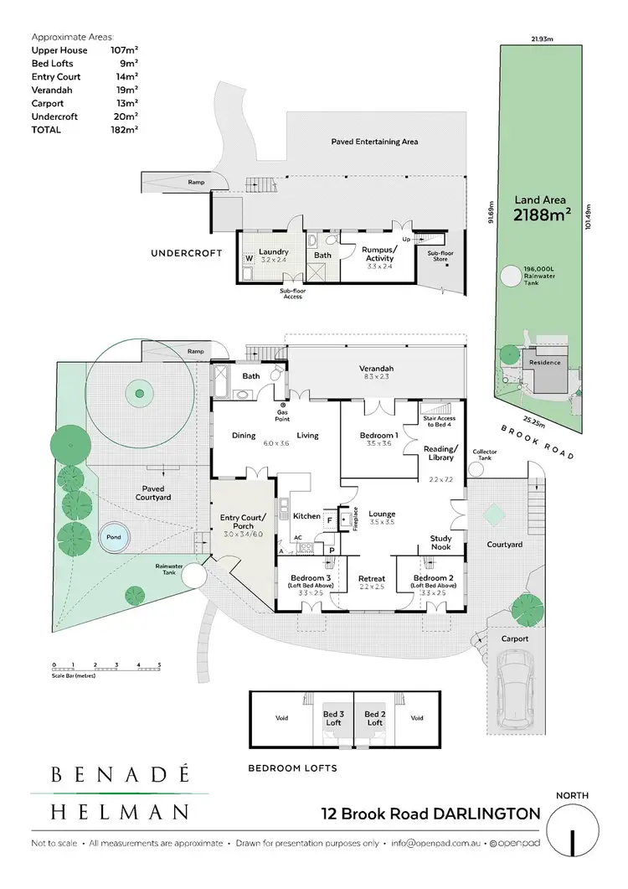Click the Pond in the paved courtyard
click(x=111, y=539)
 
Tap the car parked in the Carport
click(x=512, y=689)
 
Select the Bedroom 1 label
click(x=378, y=436)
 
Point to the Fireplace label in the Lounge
click(x=355, y=520)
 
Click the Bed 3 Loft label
click(x=333, y=718)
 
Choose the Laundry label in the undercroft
click(x=273, y=251)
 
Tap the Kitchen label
click(x=307, y=516)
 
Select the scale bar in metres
click(x=106, y=669)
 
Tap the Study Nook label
click(x=440, y=543)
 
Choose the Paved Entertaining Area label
click(x=374, y=142)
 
